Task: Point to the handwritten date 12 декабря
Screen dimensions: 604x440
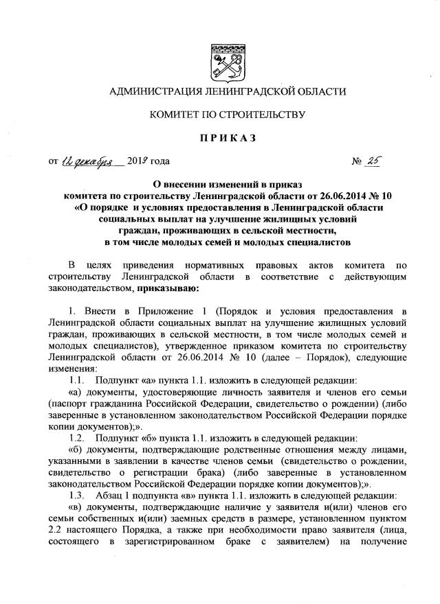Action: coord(92,162)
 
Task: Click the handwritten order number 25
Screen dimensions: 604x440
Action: coord(375,161)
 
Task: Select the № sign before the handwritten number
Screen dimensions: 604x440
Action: coord(357,163)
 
